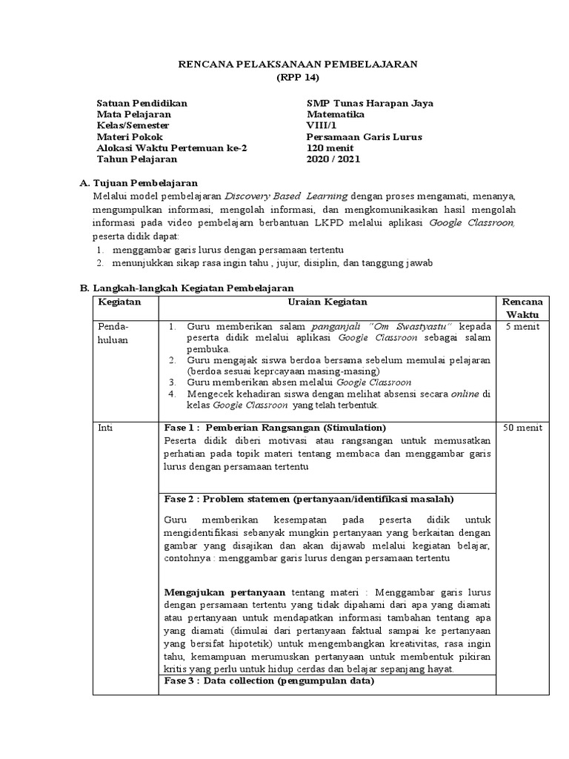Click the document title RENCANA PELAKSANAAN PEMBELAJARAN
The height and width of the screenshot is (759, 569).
point(299,64)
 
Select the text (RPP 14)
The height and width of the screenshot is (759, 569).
point(299,78)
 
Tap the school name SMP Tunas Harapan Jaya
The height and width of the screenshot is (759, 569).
point(370,103)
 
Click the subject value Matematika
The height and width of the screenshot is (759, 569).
point(335,114)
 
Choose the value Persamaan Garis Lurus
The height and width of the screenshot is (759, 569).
point(364,136)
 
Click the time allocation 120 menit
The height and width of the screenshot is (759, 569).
point(330,148)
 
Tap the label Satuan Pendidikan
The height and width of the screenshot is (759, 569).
point(142,103)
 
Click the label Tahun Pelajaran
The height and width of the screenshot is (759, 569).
point(137,159)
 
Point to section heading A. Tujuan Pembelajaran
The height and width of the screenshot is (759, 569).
point(138,183)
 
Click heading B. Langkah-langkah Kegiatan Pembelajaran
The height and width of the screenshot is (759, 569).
point(187,288)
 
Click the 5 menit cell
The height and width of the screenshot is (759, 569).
point(522,326)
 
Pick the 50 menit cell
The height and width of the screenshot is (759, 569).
point(522,428)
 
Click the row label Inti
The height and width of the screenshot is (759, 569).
point(107,428)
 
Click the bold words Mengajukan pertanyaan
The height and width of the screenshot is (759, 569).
point(224,592)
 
